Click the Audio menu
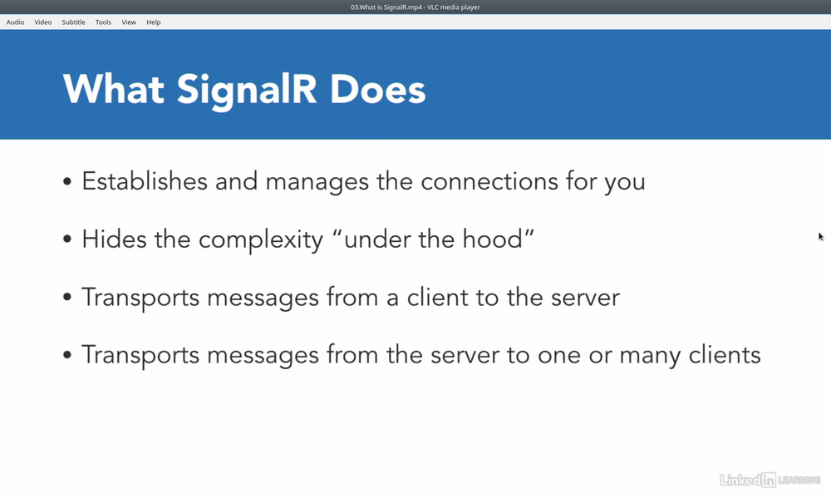[x=15, y=22]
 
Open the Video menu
[x=43, y=22]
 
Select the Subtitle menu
[x=73, y=22]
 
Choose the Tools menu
[x=103, y=22]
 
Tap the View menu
[x=129, y=22]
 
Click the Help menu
[x=154, y=22]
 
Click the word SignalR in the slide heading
[x=247, y=90]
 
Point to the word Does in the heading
[x=377, y=90]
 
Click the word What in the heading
[x=113, y=89]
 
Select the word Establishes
[x=144, y=181]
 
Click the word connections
[x=489, y=182]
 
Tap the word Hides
[x=114, y=239]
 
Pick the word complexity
[x=261, y=240]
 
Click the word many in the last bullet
[x=651, y=356]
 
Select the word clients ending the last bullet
[x=725, y=355]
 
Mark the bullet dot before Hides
[x=66, y=239]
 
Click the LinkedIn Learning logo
[x=770, y=480]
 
